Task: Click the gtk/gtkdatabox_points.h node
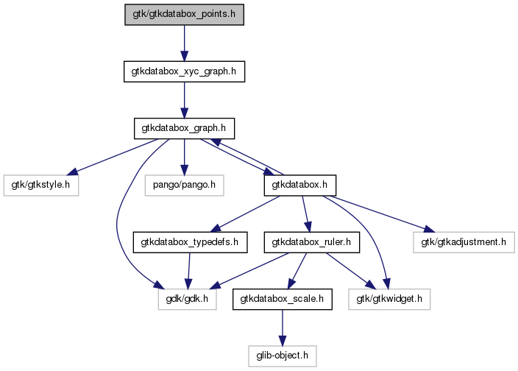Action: pos(184,14)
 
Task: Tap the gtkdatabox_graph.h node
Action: pos(183,128)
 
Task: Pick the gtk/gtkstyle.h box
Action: pos(41,185)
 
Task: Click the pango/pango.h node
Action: pos(183,185)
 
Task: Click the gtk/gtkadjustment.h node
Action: pos(464,241)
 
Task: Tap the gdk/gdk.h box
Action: pos(187,299)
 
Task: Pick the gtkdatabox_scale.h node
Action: pos(283,299)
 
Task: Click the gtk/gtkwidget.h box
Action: pos(389,299)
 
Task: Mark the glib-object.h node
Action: pos(283,356)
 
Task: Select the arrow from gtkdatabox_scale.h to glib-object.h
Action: pos(283,327)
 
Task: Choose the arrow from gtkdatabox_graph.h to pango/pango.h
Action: pos(183,156)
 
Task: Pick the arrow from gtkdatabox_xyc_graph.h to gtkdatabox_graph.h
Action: pos(183,99)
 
